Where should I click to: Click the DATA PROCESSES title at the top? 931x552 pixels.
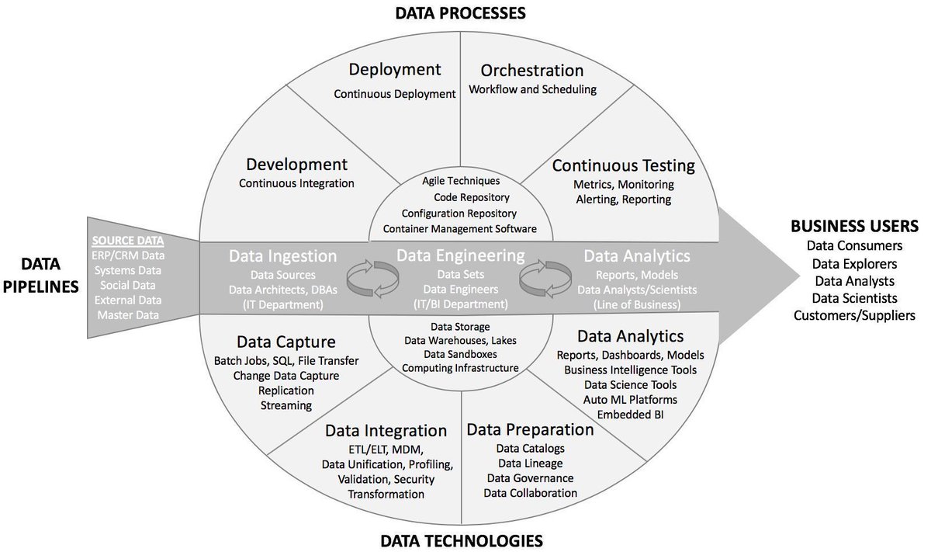461,13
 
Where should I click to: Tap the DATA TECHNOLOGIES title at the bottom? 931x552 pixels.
461,540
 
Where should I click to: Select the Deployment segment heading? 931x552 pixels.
394,70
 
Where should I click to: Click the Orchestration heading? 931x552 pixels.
532,70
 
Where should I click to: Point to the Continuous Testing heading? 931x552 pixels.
623,165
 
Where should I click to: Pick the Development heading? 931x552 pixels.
296,164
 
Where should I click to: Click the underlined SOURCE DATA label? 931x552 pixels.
128,240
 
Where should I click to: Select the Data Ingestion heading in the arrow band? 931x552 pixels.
283,256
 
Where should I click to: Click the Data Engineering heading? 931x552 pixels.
461,255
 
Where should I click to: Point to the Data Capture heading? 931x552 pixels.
286,342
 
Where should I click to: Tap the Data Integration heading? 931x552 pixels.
386,430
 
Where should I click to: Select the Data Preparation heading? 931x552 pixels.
530,429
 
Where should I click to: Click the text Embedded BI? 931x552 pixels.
630,414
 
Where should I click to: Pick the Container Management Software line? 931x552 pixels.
460,228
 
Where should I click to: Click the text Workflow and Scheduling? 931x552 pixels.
532,89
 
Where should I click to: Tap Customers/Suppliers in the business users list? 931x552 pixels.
853,315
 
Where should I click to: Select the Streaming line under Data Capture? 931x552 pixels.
286,404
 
